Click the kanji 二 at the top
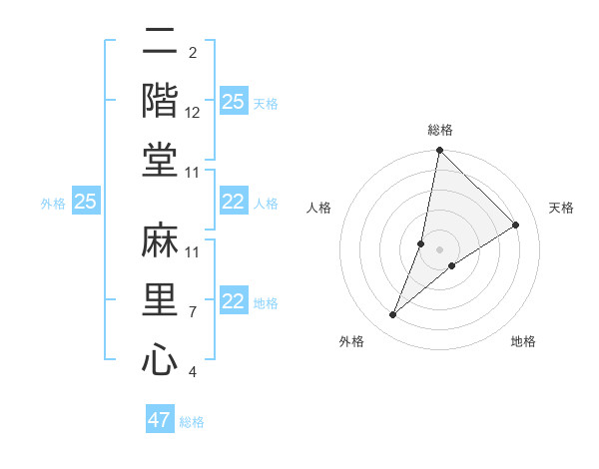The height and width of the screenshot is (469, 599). [x=160, y=43]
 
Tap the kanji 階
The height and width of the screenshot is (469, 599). [x=160, y=101]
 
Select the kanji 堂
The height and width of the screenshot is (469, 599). [x=160, y=160]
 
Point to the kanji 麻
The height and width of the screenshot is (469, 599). [x=160, y=240]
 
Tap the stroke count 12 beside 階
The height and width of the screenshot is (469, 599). [x=194, y=114]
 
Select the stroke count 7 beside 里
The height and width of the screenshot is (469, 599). [x=192, y=312]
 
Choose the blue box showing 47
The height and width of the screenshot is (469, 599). [x=160, y=420]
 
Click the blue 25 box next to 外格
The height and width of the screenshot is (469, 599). [x=86, y=203]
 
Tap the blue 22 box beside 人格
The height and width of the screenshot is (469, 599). [x=233, y=203]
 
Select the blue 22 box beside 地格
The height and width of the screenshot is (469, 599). [x=233, y=302]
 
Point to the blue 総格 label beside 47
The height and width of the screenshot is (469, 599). [x=192, y=422]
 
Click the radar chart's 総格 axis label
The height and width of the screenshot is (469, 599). [x=440, y=130]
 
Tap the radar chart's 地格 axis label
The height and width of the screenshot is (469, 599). [x=523, y=342]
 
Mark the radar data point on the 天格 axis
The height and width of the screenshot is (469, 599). [x=516, y=226]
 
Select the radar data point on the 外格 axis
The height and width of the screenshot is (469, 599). [x=393, y=315]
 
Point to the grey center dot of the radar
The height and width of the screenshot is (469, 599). [x=440, y=249]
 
